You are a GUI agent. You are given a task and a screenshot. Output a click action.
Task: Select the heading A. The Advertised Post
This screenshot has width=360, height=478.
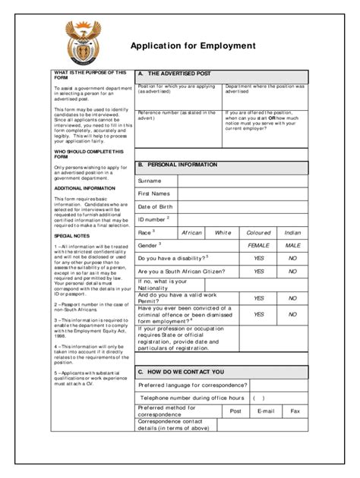175,74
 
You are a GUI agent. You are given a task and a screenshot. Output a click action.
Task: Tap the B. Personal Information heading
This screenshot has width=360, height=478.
177,165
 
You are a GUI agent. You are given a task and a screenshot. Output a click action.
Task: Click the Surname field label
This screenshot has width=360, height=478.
150,181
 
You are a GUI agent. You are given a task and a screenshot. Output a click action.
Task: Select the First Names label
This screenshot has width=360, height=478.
153,194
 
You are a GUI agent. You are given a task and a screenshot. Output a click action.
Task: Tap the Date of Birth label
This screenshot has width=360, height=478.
155,207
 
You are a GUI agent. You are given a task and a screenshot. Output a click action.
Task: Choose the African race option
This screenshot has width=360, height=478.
192,232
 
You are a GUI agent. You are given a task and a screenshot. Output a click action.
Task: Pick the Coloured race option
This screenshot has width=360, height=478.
259,232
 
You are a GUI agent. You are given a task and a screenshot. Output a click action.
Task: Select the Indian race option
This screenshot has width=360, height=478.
292,232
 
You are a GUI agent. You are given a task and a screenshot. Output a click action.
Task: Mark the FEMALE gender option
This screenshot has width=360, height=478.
259,246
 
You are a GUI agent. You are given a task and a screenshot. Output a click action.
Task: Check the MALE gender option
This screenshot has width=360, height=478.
292,246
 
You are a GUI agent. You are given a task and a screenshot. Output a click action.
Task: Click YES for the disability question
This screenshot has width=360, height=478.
259,259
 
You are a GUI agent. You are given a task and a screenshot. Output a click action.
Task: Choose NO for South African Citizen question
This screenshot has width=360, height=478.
292,272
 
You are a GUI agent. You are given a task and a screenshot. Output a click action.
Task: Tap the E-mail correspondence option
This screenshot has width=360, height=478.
265,410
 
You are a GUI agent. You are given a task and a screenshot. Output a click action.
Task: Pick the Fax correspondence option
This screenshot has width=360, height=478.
295,410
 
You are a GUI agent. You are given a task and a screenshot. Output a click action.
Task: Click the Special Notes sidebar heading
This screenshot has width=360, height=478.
69,236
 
